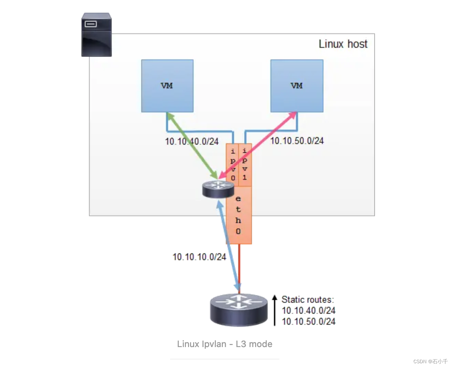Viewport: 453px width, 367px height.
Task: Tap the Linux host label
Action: [343, 44]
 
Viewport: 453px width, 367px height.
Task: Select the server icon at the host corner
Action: [97, 35]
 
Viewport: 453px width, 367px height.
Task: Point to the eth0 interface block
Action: [239, 215]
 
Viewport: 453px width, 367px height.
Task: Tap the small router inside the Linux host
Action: [218, 189]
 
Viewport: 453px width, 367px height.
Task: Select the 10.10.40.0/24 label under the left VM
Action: [191, 141]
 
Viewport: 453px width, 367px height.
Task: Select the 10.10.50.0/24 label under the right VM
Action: [297, 141]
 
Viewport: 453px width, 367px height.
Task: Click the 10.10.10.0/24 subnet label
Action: [199, 257]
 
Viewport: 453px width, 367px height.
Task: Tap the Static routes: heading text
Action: [308, 299]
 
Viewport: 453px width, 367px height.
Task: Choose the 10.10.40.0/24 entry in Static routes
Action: [308, 311]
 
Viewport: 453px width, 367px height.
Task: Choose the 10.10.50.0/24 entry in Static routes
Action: [308, 322]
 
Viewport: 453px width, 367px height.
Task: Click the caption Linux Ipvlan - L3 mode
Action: [224, 344]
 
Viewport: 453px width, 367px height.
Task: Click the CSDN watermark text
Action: [430, 361]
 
